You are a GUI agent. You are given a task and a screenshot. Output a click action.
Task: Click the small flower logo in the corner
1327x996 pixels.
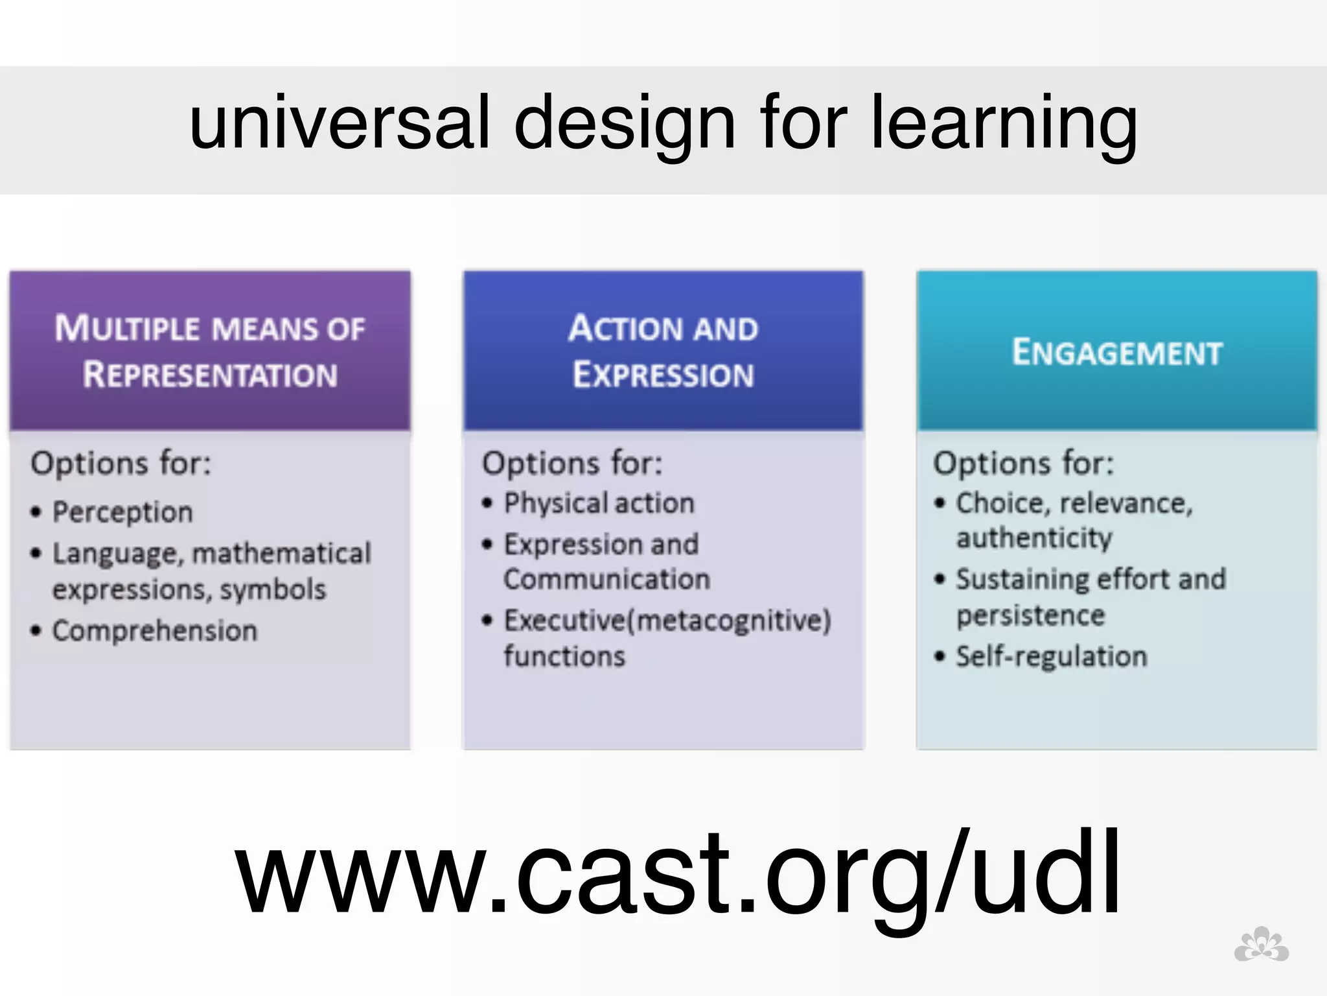[x=1261, y=945]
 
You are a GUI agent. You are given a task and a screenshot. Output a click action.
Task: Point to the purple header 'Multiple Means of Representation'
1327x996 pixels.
[x=210, y=351]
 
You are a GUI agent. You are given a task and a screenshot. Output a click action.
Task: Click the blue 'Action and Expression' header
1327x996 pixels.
[x=663, y=351]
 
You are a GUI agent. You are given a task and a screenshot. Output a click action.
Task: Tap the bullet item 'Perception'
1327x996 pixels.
[x=122, y=512]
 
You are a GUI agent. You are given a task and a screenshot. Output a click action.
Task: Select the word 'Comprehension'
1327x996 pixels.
[x=154, y=631]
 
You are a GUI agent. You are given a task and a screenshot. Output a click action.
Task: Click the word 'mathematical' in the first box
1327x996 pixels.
[x=281, y=553]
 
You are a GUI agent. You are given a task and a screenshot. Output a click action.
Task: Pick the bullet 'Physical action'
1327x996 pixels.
[x=599, y=503]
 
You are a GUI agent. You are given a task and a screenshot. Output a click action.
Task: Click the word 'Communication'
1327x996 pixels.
[x=606, y=579]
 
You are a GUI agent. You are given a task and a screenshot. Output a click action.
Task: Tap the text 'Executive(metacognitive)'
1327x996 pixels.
[x=667, y=621]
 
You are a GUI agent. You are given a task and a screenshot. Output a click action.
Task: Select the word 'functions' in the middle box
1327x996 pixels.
[x=564, y=656]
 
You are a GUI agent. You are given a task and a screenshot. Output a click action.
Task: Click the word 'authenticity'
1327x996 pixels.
[x=1034, y=538]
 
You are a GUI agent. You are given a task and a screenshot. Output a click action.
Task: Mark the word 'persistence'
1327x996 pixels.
[x=1030, y=615]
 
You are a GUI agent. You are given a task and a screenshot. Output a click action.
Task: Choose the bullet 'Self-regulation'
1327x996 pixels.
[x=1051, y=656]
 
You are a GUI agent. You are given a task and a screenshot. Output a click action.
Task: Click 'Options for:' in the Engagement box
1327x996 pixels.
[x=1023, y=463]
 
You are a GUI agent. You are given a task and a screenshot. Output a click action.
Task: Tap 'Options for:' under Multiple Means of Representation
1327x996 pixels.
[x=121, y=463]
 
